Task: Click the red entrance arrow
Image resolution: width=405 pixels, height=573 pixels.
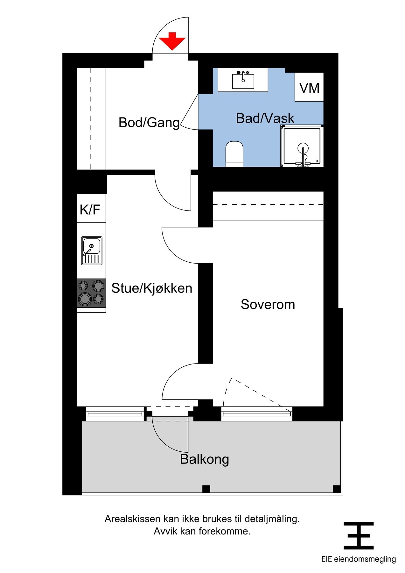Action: pos(172,41)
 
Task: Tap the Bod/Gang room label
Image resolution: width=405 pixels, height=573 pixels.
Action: pos(149,123)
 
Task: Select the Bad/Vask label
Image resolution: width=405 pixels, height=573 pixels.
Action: pos(265,118)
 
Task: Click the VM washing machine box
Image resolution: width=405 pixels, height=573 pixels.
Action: pos(309,87)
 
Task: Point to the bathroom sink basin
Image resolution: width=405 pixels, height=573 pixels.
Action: pos(243,81)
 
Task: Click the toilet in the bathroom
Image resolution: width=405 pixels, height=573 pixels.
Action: pos(234,154)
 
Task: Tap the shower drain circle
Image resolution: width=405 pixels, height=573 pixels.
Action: pos(303,148)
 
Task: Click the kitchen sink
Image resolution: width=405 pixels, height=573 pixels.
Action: pos(92,251)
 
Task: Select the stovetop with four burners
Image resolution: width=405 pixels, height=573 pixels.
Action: pos(92,293)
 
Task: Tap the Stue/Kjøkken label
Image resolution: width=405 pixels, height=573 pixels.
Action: pos(152,288)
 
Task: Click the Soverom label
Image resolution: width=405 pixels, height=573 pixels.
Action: pos(268,304)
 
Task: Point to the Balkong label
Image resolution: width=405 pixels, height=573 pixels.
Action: pos(205,459)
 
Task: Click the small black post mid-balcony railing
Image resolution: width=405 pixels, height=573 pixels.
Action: pos(206,489)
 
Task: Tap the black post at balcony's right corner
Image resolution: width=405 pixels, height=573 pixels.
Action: pos(337,489)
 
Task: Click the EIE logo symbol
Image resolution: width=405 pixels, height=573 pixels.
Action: pos(359,535)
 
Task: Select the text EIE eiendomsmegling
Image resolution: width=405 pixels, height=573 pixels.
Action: pos(359,559)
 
